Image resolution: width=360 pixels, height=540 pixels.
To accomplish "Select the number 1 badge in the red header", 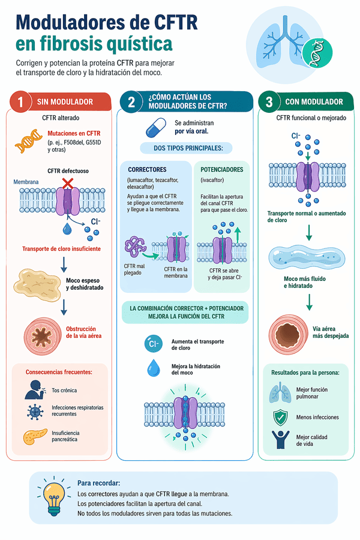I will point(21,102).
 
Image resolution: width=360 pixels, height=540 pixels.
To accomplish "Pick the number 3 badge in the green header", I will point(269,102).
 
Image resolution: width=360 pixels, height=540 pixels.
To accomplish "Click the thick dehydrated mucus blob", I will point(37,284).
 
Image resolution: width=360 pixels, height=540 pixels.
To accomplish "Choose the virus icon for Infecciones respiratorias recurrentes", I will point(35,412).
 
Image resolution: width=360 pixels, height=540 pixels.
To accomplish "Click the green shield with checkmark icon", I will point(280,417).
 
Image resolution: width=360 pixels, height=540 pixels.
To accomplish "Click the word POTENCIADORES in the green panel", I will point(221,170).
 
